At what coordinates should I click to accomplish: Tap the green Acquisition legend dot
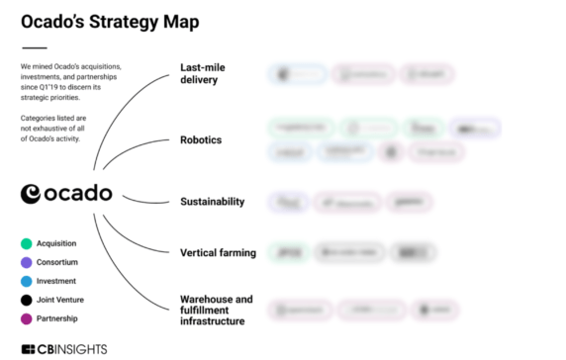[x=27, y=243]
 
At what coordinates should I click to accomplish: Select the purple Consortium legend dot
[x=27, y=262]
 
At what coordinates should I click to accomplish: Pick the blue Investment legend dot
[x=27, y=281]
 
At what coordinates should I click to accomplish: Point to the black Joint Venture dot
[x=27, y=300]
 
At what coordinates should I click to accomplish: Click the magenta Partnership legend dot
[x=27, y=318]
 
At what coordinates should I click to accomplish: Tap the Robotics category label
[x=201, y=139]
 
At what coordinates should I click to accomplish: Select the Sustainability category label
[x=212, y=201]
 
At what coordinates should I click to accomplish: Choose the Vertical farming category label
[x=218, y=252]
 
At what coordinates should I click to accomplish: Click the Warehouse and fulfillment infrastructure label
[x=216, y=310]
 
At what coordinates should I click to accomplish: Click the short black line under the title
[x=34, y=47]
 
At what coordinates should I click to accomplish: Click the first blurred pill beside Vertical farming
[x=286, y=252]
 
